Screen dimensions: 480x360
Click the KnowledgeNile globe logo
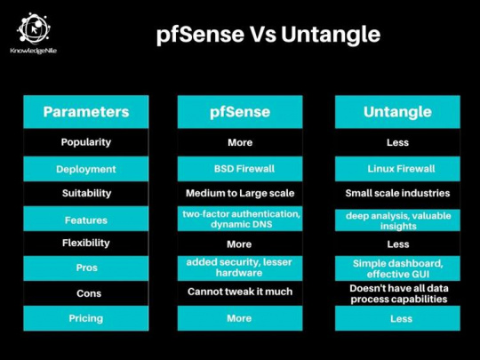[34, 28]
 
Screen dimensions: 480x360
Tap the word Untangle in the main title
[331, 35]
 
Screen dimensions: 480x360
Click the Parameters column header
[86, 112]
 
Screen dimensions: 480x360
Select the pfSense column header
[240, 112]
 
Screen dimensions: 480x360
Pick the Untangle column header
[397, 112]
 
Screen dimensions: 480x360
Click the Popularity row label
[86, 142]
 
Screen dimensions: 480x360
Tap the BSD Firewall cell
[240, 169]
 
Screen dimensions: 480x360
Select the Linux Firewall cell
[397, 169]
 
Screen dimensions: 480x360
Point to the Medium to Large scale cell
[240, 193]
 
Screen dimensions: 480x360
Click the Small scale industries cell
[397, 193]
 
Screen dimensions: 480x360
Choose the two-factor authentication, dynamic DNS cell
[240, 219]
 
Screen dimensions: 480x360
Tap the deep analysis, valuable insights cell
[397, 220]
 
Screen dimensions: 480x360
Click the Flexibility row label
[86, 243]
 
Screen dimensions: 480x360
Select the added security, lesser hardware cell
[240, 268]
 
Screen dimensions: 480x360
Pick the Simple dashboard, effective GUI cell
[397, 268]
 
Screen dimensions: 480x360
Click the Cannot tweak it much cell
[240, 292]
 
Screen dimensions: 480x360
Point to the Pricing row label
[86, 318]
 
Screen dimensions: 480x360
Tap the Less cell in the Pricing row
[397, 318]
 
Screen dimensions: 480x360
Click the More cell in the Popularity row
[240, 142]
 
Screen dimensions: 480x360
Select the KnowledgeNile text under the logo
[34, 51]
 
